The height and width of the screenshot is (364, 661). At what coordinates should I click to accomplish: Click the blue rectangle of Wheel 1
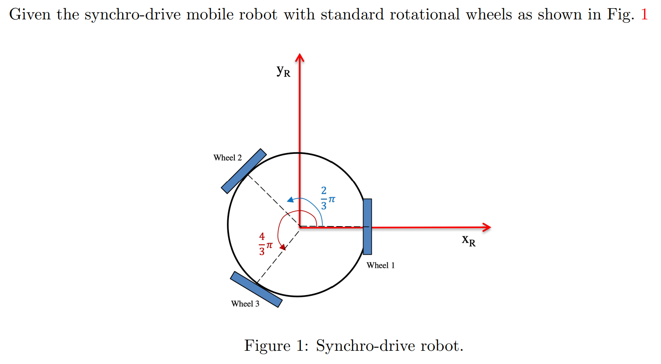tap(367, 227)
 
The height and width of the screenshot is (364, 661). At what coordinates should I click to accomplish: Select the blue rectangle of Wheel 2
tap(243, 171)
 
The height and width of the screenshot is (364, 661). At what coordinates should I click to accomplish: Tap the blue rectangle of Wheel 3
tap(256, 289)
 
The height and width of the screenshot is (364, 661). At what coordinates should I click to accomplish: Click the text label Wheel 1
tap(380, 265)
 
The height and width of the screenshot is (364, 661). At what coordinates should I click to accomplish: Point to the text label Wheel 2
tap(227, 158)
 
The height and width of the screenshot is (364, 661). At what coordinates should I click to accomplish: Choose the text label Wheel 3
tap(245, 304)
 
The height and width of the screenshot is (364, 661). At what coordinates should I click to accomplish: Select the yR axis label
tap(283, 71)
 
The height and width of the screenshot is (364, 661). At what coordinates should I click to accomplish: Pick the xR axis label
tap(469, 240)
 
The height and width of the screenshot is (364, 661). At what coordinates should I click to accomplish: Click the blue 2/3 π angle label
tap(327, 199)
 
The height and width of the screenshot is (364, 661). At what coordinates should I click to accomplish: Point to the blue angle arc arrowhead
tap(290, 200)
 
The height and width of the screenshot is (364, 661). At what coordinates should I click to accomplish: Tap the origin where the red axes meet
tap(300, 227)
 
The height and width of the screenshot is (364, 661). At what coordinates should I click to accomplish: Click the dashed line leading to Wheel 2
tap(272, 200)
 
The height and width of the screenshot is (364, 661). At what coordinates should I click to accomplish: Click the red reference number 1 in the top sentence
tap(644, 15)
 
